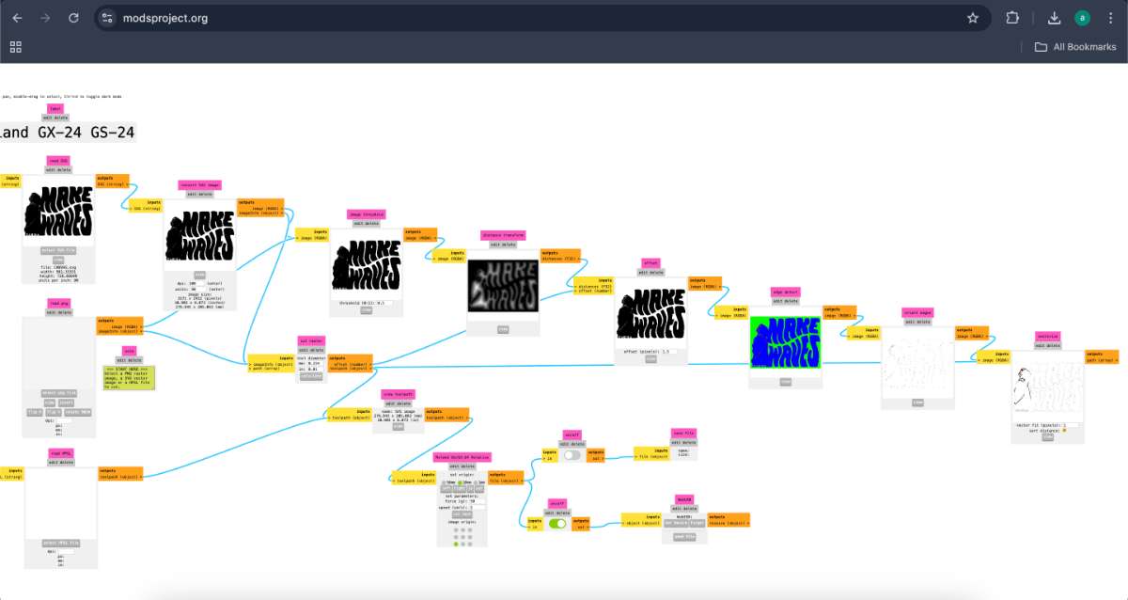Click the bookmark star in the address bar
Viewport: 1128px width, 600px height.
click(x=973, y=18)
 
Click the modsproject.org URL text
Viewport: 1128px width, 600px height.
click(x=165, y=18)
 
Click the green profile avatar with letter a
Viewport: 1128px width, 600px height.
click(x=1083, y=18)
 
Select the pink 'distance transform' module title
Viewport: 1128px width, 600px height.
click(x=503, y=235)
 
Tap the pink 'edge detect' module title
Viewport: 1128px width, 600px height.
click(x=784, y=292)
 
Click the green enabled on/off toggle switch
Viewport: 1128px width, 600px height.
click(x=557, y=524)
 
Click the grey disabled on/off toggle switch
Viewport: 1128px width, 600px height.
click(x=572, y=455)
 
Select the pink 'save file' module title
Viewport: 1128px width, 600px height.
click(x=683, y=434)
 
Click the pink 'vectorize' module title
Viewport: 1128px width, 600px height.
click(x=1047, y=336)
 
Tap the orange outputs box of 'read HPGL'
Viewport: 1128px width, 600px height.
click(x=120, y=473)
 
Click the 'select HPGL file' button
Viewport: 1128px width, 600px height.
click(x=61, y=544)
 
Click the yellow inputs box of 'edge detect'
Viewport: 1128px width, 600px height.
click(x=731, y=312)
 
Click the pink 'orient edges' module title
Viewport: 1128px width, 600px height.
click(x=916, y=312)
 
